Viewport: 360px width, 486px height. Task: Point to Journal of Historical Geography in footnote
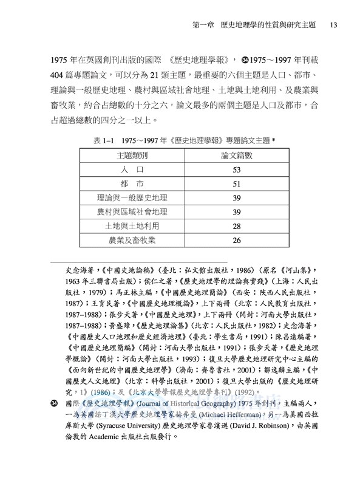[166, 399]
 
